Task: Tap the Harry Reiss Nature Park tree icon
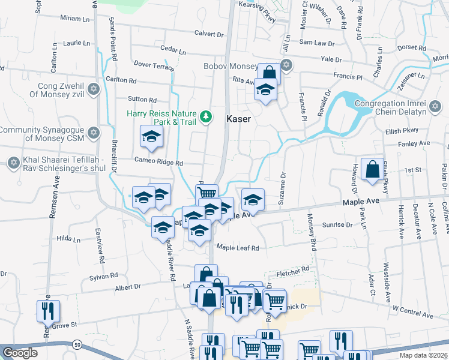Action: coord(206,116)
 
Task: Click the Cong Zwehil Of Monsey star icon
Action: coord(92,90)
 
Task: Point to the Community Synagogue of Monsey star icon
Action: coord(92,132)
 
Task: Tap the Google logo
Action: coord(20,353)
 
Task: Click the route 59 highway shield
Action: coord(78,344)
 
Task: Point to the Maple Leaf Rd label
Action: coord(237,248)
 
